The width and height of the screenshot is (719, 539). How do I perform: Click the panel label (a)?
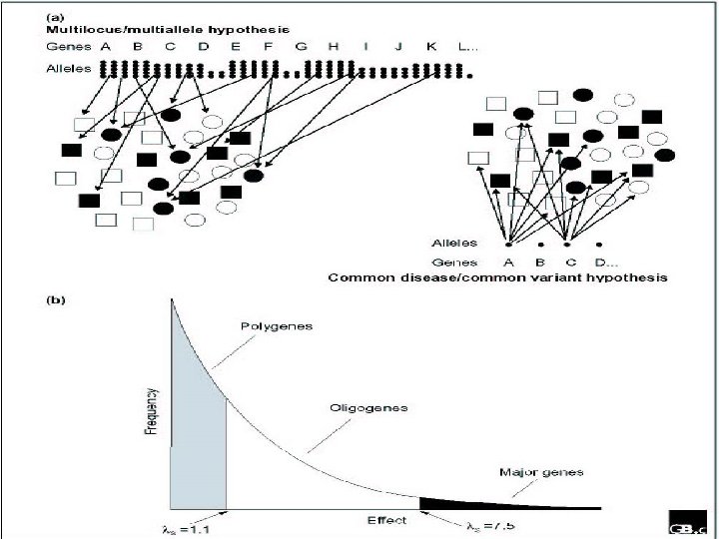[x=58, y=17]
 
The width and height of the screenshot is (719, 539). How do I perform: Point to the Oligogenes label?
[x=360, y=408]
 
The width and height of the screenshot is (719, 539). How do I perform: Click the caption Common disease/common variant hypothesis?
[x=498, y=276]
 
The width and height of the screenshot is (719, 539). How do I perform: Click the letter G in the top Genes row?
[x=301, y=46]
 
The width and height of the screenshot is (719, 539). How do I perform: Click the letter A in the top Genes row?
[x=105, y=46]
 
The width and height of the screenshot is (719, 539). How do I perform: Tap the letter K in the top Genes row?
[x=430, y=46]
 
